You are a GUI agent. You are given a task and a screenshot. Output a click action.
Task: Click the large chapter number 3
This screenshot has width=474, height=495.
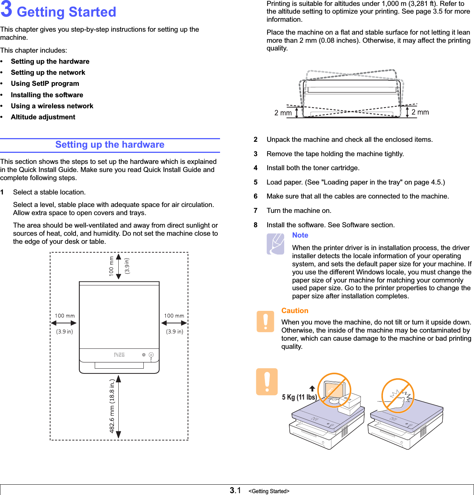(x=6, y=10)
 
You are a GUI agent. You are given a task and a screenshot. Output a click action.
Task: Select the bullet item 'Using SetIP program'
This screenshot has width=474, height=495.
(x=45, y=84)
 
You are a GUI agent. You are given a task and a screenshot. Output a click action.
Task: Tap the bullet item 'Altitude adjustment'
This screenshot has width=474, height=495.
(x=43, y=117)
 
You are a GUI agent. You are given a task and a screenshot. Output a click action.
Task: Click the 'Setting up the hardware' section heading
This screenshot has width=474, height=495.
(x=110, y=145)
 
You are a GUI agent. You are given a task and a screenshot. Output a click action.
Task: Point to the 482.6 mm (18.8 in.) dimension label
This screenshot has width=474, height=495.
(x=112, y=406)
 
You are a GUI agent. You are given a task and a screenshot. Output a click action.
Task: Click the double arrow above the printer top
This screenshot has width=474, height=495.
(x=119, y=267)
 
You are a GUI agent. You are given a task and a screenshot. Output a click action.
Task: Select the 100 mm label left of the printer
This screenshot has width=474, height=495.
(x=65, y=316)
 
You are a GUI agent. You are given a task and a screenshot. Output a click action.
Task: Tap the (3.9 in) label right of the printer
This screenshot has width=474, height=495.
(x=174, y=331)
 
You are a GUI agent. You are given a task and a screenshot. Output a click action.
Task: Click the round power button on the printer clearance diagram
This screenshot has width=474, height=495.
(x=151, y=355)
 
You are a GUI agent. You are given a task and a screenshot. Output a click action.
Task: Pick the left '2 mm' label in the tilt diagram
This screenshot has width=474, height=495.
(x=283, y=113)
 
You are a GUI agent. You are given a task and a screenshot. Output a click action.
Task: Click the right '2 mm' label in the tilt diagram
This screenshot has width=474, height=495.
(x=420, y=112)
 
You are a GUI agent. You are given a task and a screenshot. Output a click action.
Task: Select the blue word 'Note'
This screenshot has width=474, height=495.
(x=300, y=235)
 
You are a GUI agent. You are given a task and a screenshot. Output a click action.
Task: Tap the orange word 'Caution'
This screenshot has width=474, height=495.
(x=295, y=311)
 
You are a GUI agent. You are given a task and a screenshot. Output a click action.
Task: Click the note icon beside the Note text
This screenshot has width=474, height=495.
(x=275, y=244)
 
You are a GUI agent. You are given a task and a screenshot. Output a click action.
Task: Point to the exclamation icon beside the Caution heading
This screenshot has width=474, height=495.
(x=265, y=321)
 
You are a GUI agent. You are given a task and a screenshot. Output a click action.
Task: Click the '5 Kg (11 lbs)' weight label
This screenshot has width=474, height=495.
(x=299, y=397)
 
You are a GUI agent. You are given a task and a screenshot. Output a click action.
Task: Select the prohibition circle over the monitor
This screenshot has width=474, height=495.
(x=334, y=390)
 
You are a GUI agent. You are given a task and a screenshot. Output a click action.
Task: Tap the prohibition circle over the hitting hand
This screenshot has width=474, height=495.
(x=398, y=395)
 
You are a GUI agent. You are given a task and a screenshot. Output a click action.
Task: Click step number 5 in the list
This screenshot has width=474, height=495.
(x=255, y=182)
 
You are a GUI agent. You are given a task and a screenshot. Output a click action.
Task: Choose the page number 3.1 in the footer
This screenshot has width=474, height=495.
(x=235, y=490)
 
